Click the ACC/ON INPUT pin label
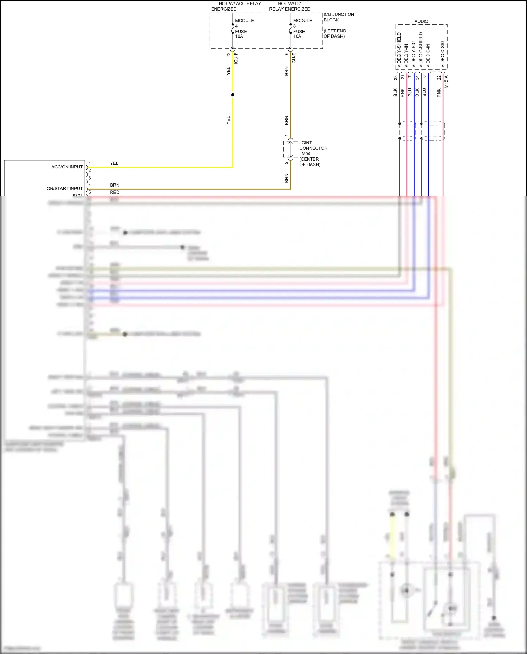tap(67, 167)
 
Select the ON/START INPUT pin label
tap(64, 189)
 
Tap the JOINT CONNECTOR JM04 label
tap(313, 153)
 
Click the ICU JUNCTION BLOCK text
tap(338, 17)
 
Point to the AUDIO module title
tap(421, 21)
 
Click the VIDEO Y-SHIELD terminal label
tap(399, 50)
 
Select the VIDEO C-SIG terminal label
tap(443, 54)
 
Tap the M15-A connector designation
tap(446, 82)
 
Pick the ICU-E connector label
tap(294, 58)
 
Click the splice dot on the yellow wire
tap(233, 95)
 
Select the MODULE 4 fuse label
tap(244, 23)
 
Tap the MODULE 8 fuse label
tap(302, 23)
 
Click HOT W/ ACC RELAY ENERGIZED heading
tap(236, 6)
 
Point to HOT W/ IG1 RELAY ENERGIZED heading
tap(290, 6)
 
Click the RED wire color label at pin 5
tap(115, 193)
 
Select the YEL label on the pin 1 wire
tap(114, 163)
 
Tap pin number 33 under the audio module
tap(395, 78)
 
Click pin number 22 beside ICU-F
tap(229, 55)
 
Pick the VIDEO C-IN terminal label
tap(428, 56)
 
